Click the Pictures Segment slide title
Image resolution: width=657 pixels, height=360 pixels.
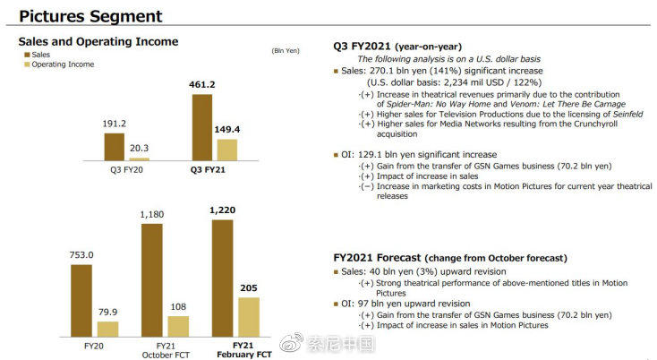coord(90,16)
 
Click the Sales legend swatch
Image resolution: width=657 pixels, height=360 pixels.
coord(26,54)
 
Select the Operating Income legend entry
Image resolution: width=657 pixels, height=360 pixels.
coord(63,64)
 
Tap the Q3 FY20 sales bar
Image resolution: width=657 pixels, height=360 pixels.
coord(115,146)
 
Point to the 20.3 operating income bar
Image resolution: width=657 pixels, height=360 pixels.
coord(140,158)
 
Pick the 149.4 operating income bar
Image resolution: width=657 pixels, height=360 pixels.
coord(227,149)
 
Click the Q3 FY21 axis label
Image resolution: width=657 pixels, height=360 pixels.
coord(209,169)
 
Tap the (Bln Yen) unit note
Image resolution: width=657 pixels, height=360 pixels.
coord(285,51)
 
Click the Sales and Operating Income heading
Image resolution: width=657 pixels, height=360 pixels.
coord(98,41)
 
